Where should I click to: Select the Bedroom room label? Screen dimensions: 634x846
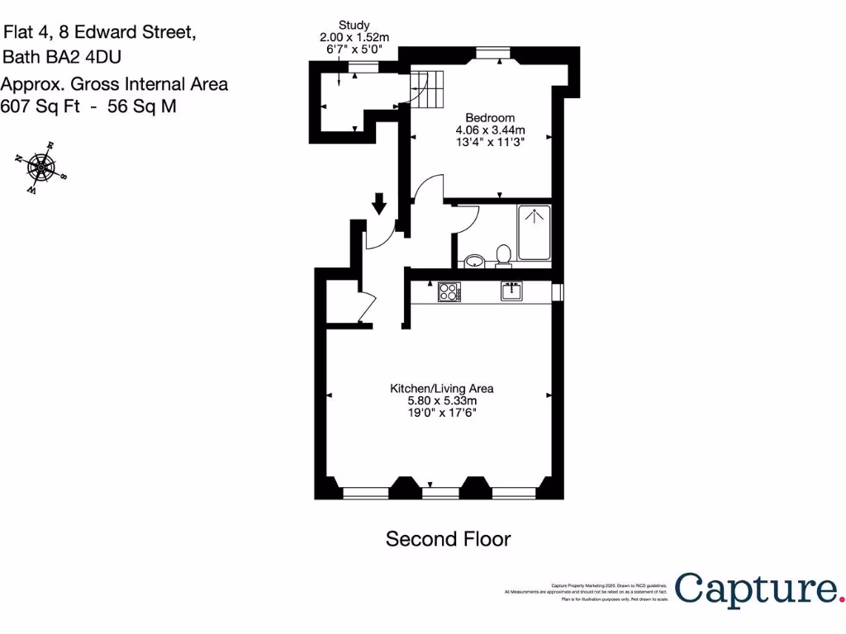(490, 117)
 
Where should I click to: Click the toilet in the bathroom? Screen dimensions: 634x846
(501, 256)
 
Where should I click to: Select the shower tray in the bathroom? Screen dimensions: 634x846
(534, 234)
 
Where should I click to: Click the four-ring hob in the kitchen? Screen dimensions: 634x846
(449, 291)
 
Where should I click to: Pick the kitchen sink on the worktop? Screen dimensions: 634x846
(511, 291)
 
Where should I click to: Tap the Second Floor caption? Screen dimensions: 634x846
(448, 539)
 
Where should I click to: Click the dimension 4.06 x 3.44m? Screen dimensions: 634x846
(490, 130)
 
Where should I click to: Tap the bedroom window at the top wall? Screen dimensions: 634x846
(492, 54)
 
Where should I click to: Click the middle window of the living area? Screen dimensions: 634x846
(440, 493)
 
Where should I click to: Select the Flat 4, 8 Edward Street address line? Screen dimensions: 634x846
(100, 33)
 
